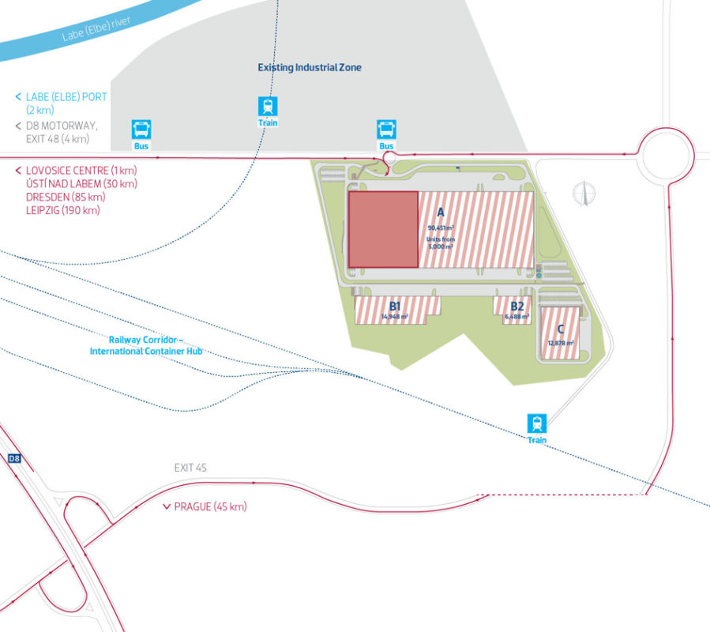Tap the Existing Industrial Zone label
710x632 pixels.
pos(310,68)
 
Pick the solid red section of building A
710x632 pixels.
pos(383,229)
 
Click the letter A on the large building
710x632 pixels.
pos(441,213)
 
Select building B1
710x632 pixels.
pos(395,309)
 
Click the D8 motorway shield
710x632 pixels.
pos(13,458)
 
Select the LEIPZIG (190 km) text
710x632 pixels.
pos(62,210)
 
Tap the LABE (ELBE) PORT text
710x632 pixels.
pos(66,96)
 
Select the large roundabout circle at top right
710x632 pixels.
pos(667,155)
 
